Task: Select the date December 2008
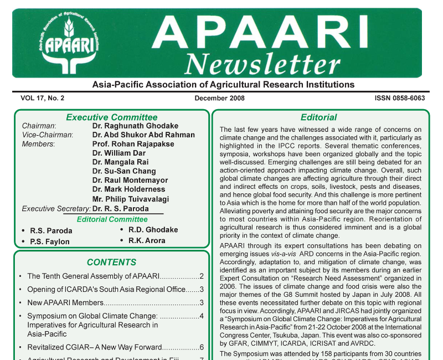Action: tap(220, 98)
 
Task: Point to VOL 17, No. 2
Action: tap(43, 98)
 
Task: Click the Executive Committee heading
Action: tap(111, 117)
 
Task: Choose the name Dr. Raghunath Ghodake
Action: tap(135, 126)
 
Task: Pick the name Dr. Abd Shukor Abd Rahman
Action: tap(143, 135)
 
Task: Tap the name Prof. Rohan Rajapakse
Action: tap(133, 144)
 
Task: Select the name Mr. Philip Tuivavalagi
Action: tap(131, 199)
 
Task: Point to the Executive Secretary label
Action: tap(56, 209)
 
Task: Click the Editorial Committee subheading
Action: tap(112, 219)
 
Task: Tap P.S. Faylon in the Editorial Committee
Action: tap(50, 241)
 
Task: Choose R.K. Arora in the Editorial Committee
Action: tap(147, 240)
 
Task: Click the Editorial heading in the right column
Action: tap(318, 117)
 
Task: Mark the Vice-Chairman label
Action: tap(47, 135)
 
